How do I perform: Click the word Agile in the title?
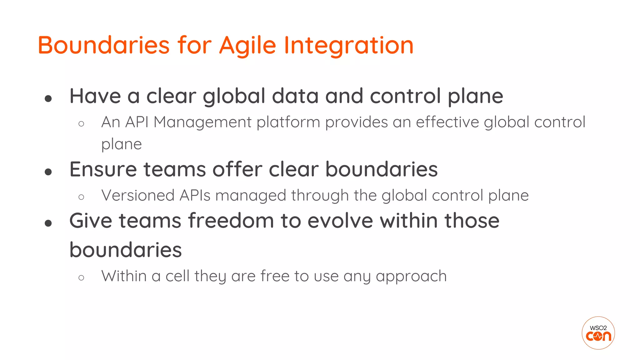[247, 46]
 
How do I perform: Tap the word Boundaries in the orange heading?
[103, 46]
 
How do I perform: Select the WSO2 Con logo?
[598, 333]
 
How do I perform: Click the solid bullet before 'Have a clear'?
[48, 99]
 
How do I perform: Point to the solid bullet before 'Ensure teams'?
[48, 172]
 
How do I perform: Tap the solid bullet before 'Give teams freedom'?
[48, 223]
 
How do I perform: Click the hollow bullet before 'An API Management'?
[81, 124]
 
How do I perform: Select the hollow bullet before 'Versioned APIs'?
[81, 197]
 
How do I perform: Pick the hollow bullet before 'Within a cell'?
[81, 277]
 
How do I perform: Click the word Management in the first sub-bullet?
[202, 122]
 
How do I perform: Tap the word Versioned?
[138, 196]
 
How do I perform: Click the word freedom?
[231, 221]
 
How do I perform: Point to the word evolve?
[340, 221]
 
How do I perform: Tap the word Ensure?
[103, 169]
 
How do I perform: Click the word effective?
[447, 122]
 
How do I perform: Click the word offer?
[237, 169]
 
